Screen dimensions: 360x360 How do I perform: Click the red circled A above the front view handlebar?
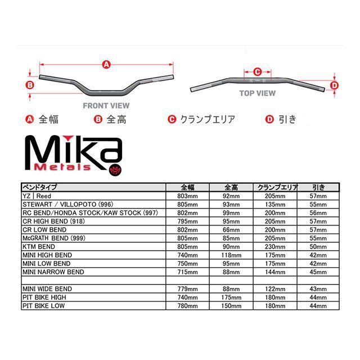point(106,65)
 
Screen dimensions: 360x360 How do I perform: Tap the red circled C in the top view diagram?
point(258,72)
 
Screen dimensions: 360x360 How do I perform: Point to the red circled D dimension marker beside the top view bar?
point(334,85)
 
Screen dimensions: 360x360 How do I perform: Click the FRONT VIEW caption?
point(106,106)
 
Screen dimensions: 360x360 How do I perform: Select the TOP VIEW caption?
point(258,93)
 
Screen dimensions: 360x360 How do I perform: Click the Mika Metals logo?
point(74,156)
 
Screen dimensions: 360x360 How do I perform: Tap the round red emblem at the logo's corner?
point(115,170)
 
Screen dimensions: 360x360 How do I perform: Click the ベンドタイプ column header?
point(39,187)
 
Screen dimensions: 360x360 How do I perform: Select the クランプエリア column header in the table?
point(277,187)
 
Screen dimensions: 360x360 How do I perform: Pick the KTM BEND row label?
point(39,247)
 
